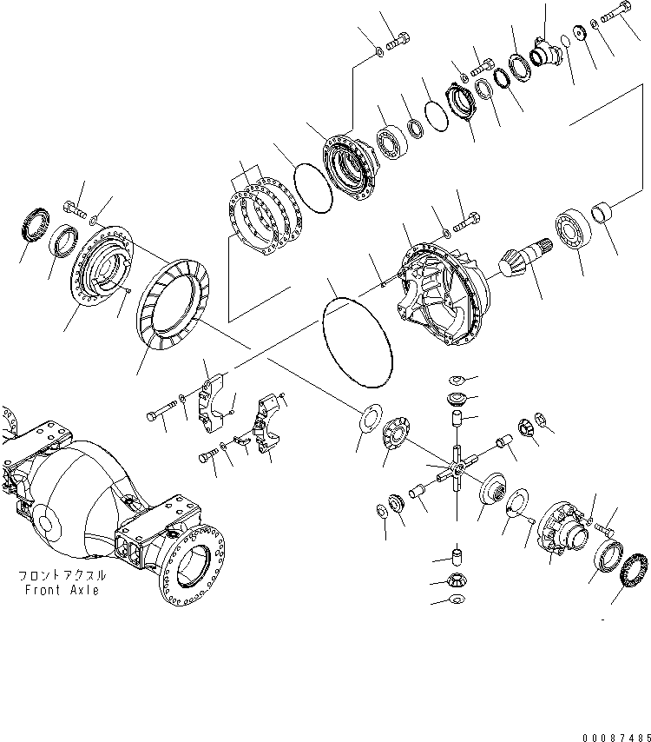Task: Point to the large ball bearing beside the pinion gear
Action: (x=571, y=227)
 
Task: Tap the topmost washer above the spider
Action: (x=457, y=380)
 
